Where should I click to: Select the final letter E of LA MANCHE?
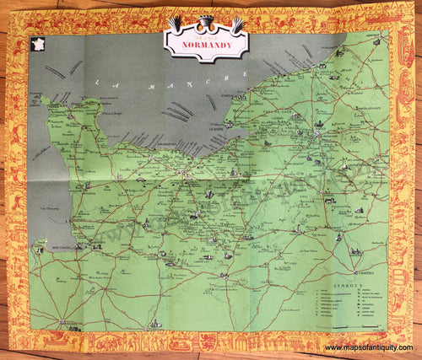(x=227, y=76)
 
